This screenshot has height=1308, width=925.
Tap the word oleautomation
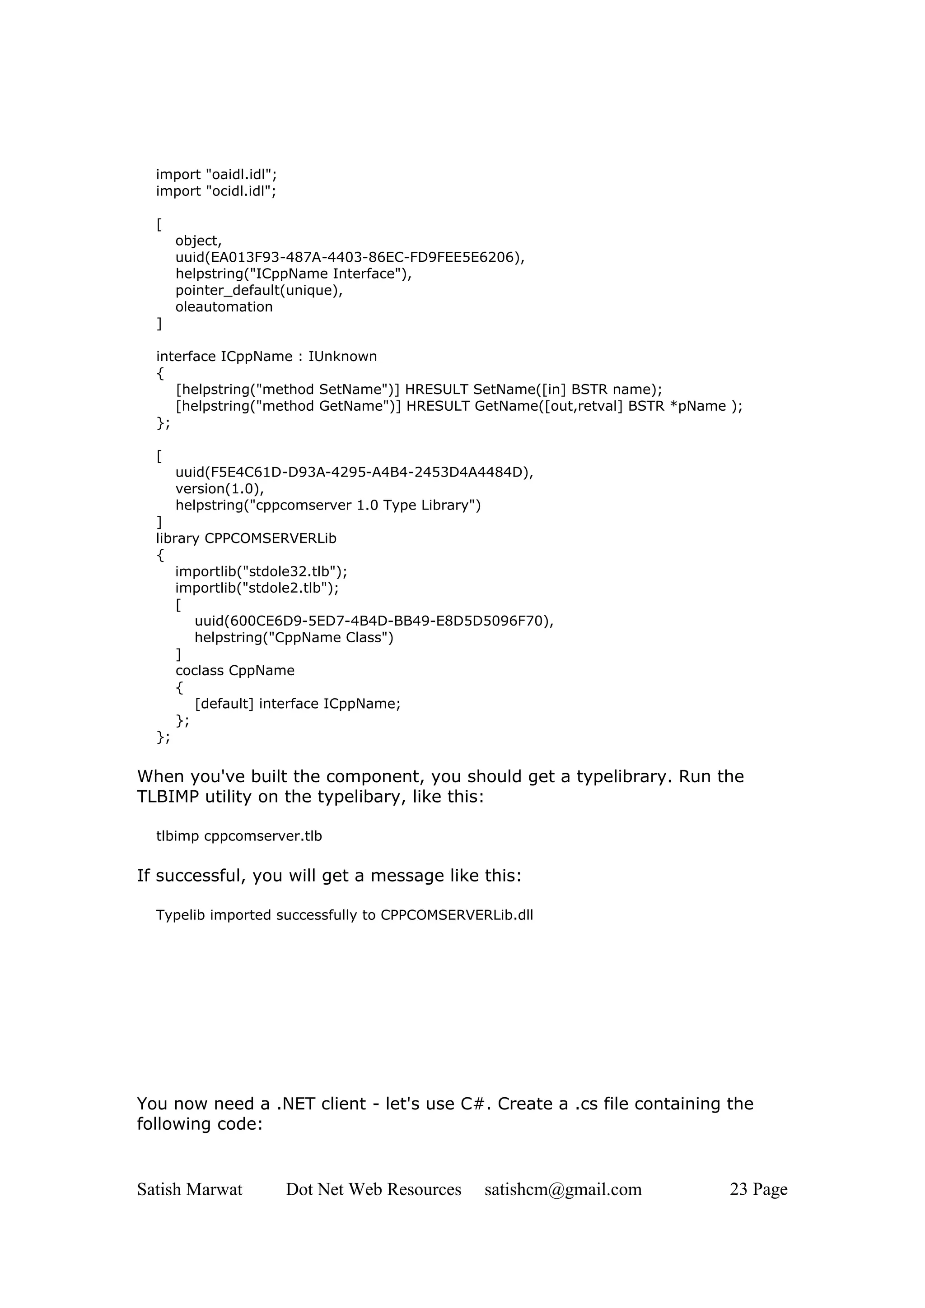point(224,307)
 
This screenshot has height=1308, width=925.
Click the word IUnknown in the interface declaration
point(342,357)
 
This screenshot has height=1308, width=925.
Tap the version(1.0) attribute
point(219,489)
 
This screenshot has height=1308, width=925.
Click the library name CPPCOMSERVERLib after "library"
point(270,538)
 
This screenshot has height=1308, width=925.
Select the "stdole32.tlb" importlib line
point(261,571)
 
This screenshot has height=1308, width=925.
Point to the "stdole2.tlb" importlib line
point(257,588)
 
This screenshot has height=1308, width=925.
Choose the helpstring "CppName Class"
point(294,637)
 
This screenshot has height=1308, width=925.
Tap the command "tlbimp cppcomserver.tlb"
point(239,836)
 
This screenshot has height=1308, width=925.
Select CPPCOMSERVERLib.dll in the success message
point(457,915)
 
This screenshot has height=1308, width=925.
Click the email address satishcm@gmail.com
point(563,1189)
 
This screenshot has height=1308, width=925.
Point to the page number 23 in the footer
point(738,1189)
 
